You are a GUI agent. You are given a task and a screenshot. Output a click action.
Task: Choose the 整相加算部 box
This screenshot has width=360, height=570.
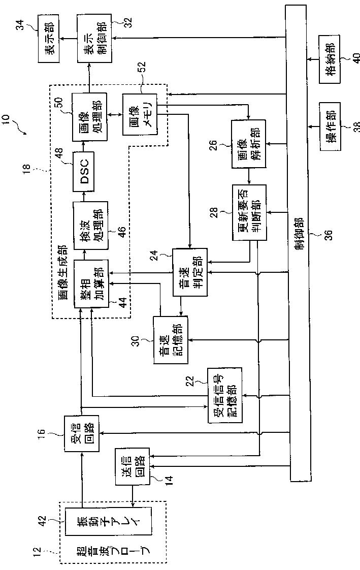[87, 284]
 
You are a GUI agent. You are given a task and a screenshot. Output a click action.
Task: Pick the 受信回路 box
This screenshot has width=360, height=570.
[81, 433]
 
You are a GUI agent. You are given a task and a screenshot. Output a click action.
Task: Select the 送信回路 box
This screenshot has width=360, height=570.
[133, 466]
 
